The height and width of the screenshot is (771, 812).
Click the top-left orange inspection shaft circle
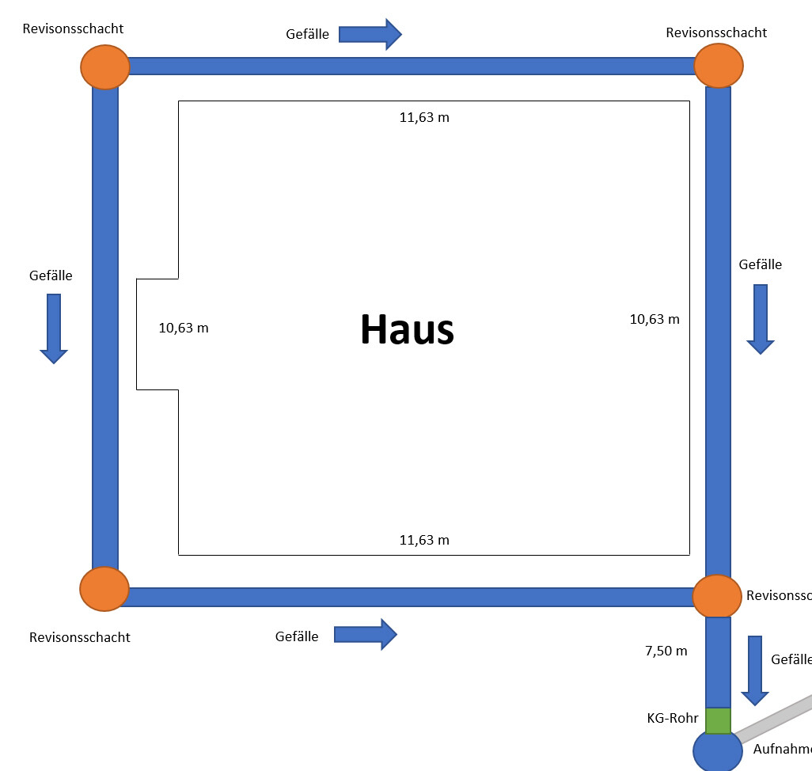[104, 66]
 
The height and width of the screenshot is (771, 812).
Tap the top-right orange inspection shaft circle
[718, 66]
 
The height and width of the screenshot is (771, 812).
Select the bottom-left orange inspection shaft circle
[104, 589]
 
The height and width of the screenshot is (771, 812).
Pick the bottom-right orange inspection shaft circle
[717, 596]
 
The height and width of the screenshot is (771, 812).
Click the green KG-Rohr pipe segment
[718, 721]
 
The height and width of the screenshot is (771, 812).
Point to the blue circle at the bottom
[718, 753]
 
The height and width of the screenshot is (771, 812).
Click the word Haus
[407, 329]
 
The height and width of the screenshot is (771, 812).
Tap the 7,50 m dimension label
[666, 651]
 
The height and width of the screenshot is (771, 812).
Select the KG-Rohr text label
[672, 718]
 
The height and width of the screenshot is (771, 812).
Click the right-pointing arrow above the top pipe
[370, 34]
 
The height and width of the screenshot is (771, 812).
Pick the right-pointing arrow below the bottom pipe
[365, 634]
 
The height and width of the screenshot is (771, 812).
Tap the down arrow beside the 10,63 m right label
[761, 319]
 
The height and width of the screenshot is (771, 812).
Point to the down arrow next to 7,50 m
[755, 670]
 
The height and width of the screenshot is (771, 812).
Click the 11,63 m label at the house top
[424, 118]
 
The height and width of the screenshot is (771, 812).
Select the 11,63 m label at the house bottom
[424, 540]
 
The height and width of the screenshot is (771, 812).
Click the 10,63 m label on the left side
[184, 328]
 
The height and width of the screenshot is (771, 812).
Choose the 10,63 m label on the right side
[655, 319]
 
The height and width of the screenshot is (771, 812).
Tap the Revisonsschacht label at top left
[73, 28]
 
